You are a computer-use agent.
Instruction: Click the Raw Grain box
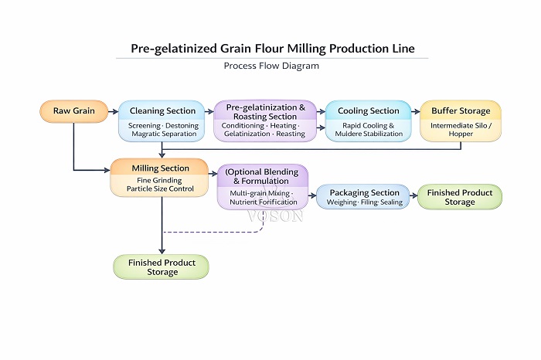pos(73,111)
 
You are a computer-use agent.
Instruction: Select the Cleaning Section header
pos(162,110)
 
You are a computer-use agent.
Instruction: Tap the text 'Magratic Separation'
pos(162,134)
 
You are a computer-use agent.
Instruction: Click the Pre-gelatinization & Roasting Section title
pos(264,110)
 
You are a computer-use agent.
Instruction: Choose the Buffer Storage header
pos(461,110)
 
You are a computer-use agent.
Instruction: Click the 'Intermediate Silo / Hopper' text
pos(461,129)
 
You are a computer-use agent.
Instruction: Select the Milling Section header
pos(159,168)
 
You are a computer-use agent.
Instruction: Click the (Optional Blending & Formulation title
pos(263,176)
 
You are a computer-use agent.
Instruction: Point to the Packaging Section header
pos(363,192)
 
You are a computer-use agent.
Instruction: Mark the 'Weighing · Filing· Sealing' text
pos(363,203)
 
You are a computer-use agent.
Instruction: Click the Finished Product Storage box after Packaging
pos(459,197)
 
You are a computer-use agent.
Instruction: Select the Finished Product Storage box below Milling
pos(162,267)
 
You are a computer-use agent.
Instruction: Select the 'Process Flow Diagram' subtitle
pos(271,66)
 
